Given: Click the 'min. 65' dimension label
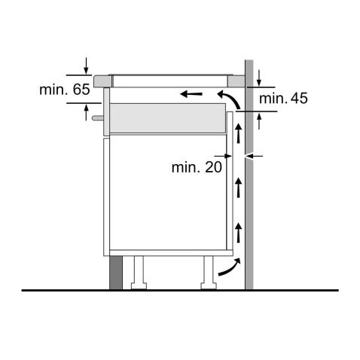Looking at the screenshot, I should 65,90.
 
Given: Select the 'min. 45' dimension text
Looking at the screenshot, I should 283,99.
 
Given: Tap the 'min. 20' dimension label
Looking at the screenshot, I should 197,166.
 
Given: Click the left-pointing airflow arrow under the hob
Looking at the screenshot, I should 191,95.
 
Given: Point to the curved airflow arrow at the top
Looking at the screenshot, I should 228,98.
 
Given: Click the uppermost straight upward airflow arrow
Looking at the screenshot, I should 238,135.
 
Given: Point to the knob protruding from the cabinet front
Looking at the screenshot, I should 96,117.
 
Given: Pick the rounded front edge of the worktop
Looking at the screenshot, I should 101,79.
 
